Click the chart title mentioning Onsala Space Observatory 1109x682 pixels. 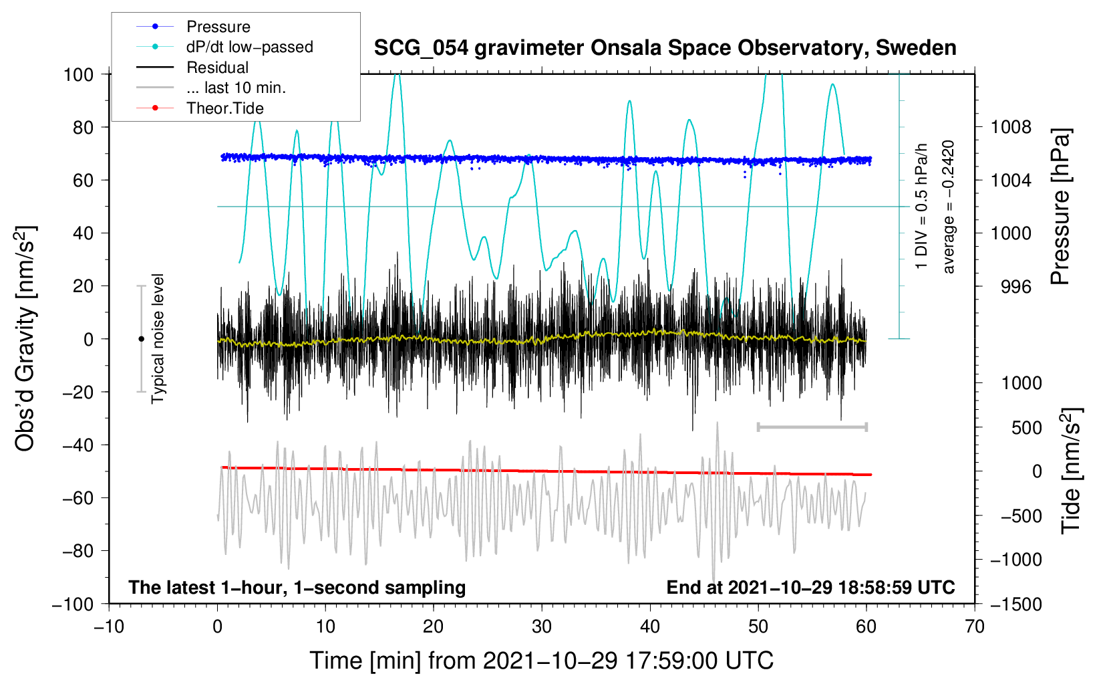tap(665, 48)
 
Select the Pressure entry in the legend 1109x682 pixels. tap(218, 27)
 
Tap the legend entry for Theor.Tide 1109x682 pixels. tap(224, 108)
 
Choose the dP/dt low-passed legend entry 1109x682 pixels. tap(249, 47)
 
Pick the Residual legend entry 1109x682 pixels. tap(217, 68)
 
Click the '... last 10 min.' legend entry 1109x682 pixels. tap(236, 88)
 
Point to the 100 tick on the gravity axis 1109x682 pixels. tap(78, 74)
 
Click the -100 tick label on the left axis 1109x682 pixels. tap(73, 604)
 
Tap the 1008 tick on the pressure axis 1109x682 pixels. tap(1011, 127)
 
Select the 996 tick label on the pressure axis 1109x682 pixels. tap(1015, 287)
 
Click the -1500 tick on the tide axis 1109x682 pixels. tap(1016, 604)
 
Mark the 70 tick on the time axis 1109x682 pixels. tap(975, 627)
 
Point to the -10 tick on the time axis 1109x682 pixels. tap(109, 627)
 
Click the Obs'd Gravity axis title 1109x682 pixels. tap(25, 338)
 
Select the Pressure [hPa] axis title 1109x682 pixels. tap(1060, 207)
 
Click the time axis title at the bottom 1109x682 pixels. tap(541, 661)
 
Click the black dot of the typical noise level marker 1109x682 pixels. tap(141, 339)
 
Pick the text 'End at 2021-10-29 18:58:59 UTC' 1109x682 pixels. tap(810, 587)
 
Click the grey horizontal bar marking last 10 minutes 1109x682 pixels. tap(812, 427)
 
